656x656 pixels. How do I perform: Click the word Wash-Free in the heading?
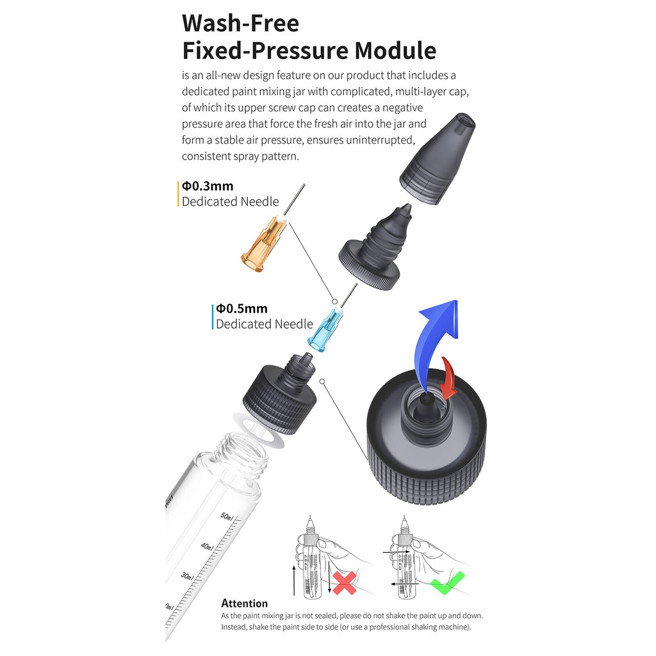coord(241,24)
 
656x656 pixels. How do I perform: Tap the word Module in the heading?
coord(395,51)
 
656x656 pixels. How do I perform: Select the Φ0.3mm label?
coord(208,186)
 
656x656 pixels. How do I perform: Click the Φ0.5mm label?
coord(242,309)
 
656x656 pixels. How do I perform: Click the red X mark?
coord(344,583)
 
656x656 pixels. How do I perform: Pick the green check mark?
coord(447,583)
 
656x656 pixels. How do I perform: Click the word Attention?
coord(244,603)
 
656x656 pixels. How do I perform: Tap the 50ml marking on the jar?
coord(227,516)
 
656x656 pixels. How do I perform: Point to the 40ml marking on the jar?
coord(207,546)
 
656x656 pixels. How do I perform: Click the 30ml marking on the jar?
coord(188,576)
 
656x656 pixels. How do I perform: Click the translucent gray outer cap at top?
coord(437,159)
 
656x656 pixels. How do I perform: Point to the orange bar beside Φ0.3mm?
coord(178,193)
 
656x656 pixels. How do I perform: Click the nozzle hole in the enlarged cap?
coord(425,401)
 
